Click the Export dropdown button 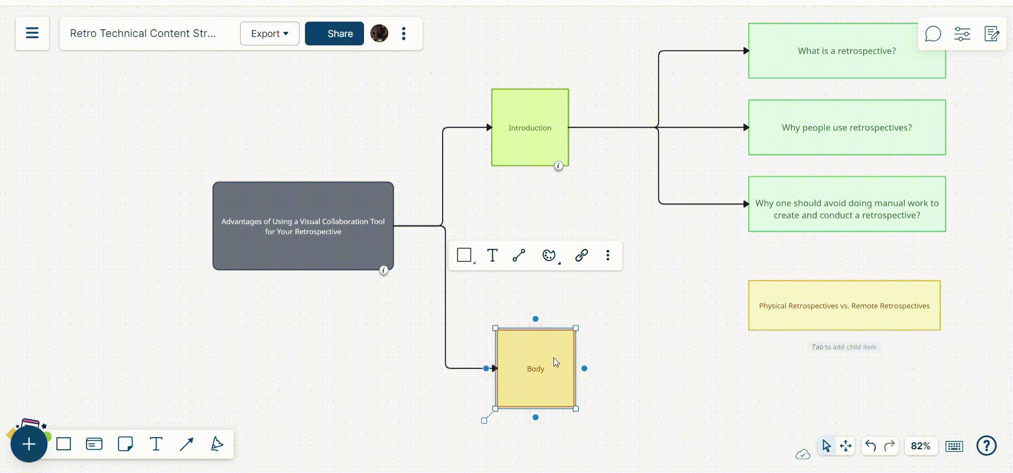coord(270,34)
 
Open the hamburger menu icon coord(32,33)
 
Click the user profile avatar coord(379,34)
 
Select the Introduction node coord(530,127)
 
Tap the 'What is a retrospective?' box coord(846,51)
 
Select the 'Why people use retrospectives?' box coord(846,128)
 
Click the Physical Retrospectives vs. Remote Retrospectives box coord(844,306)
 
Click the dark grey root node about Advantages coord(303,226)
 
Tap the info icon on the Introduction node coord(558,166)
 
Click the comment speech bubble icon coord(933,34)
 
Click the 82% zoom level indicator coord(920,446)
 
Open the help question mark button coord(986,446)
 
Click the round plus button coord(29,444)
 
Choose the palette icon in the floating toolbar coord(549,256)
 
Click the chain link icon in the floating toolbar coord(581,256)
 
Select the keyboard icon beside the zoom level coord(954,447)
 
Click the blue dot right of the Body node coord(584,368)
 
